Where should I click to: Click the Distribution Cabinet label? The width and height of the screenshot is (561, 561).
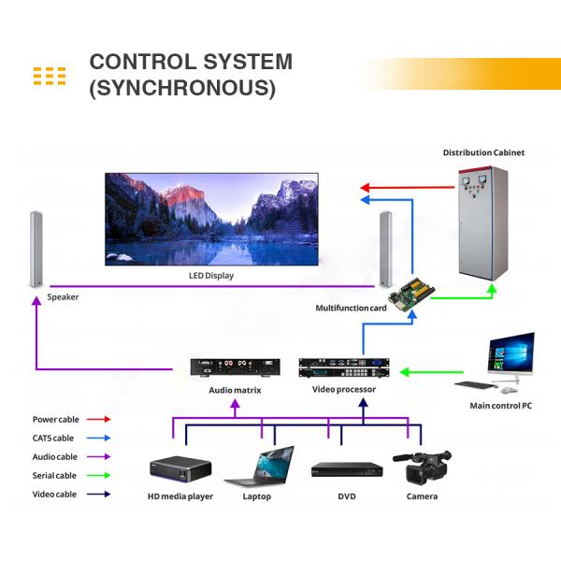483,152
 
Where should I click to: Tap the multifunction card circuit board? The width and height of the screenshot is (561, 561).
411,294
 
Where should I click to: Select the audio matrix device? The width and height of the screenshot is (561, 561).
235,367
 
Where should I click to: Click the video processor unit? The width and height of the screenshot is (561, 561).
344,367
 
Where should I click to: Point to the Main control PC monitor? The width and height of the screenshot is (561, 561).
511,354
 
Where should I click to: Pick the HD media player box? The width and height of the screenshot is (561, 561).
180,469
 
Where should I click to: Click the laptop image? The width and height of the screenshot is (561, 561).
259,467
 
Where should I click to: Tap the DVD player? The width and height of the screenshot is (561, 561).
347,469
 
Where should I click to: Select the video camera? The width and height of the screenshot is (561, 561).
423,467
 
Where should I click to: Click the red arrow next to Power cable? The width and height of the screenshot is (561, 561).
99,419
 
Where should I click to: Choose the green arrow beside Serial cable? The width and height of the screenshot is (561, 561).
99,476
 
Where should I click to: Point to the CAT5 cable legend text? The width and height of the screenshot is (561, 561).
53,439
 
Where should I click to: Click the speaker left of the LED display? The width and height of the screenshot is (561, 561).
36,250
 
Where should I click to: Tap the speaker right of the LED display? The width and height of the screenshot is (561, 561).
385,249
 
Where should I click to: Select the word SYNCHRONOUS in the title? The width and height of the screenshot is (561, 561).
182,88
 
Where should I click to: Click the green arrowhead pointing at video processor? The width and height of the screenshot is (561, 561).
404,372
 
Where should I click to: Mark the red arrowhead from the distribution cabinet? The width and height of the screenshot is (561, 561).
365,188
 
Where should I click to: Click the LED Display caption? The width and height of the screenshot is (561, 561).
211,276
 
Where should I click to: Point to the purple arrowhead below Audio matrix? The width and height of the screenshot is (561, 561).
235,404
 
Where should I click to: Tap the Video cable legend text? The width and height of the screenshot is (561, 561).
54,495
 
